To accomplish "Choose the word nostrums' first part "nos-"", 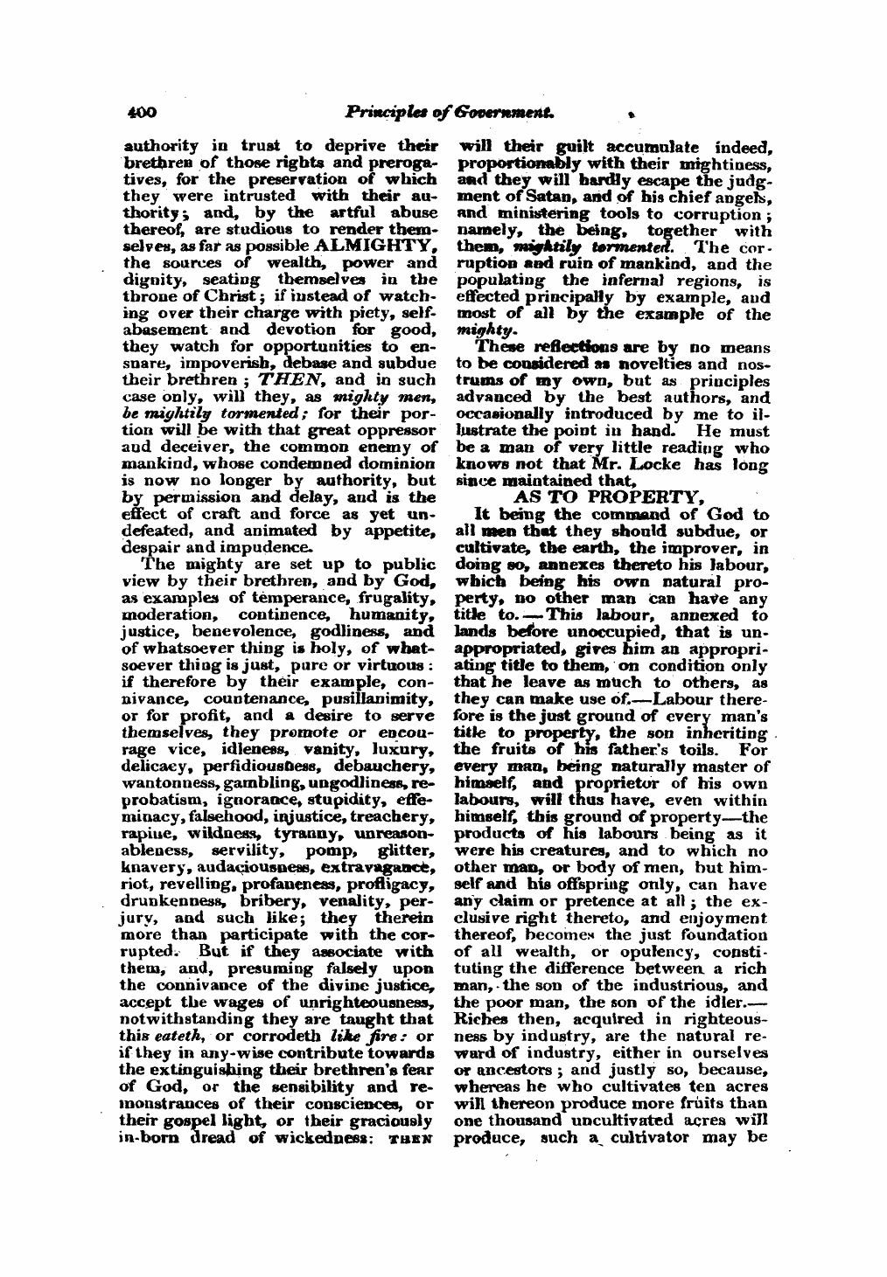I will click(x=754, y=365).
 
